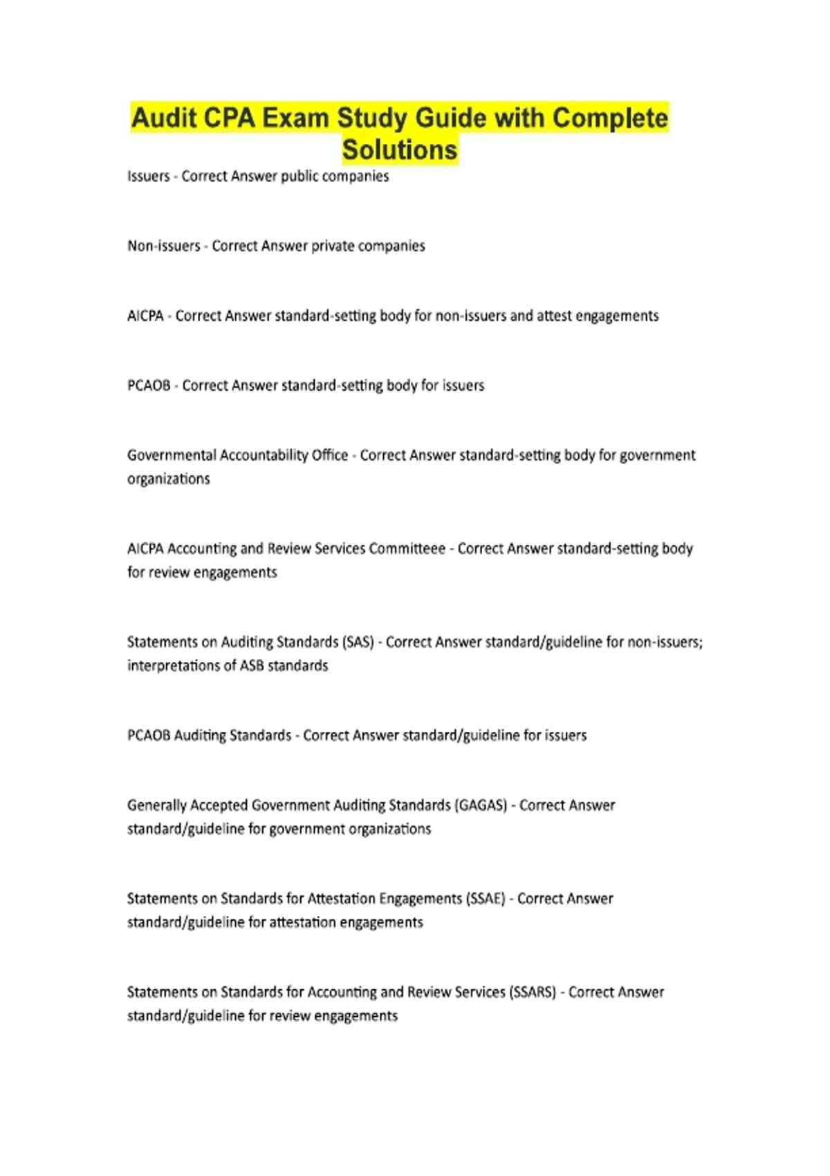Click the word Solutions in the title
(400, 150)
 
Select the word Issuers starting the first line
(148, 176)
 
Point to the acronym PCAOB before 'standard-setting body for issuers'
(149, 385)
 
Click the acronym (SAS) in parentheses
(358, 642)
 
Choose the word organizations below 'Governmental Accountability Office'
(168, 479)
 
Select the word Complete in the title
(610, 118)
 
